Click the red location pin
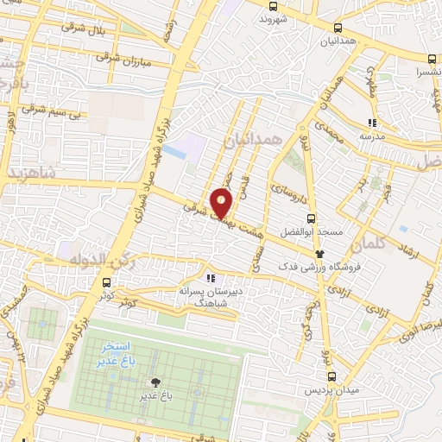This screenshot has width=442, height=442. [222, 203]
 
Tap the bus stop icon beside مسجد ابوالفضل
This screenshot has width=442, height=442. [313, 218]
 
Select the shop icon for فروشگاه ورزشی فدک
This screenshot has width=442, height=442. [319, 254]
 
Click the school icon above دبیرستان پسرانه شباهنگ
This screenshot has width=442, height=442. [210, 279]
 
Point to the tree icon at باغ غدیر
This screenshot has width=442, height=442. [156, 382]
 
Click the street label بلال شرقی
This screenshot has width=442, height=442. [88, 31]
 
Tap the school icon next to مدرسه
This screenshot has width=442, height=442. [372, 123]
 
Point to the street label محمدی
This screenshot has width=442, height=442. [330, 129]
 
